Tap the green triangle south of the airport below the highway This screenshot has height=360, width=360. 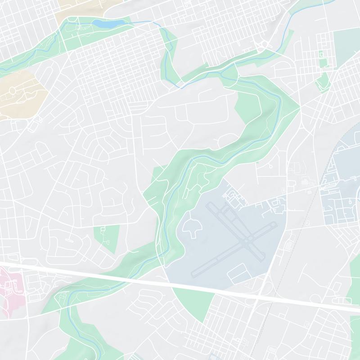pyautogui.click(x=193, y=301)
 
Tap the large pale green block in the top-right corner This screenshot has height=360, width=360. pyautogui.click(x=346, y=49)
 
